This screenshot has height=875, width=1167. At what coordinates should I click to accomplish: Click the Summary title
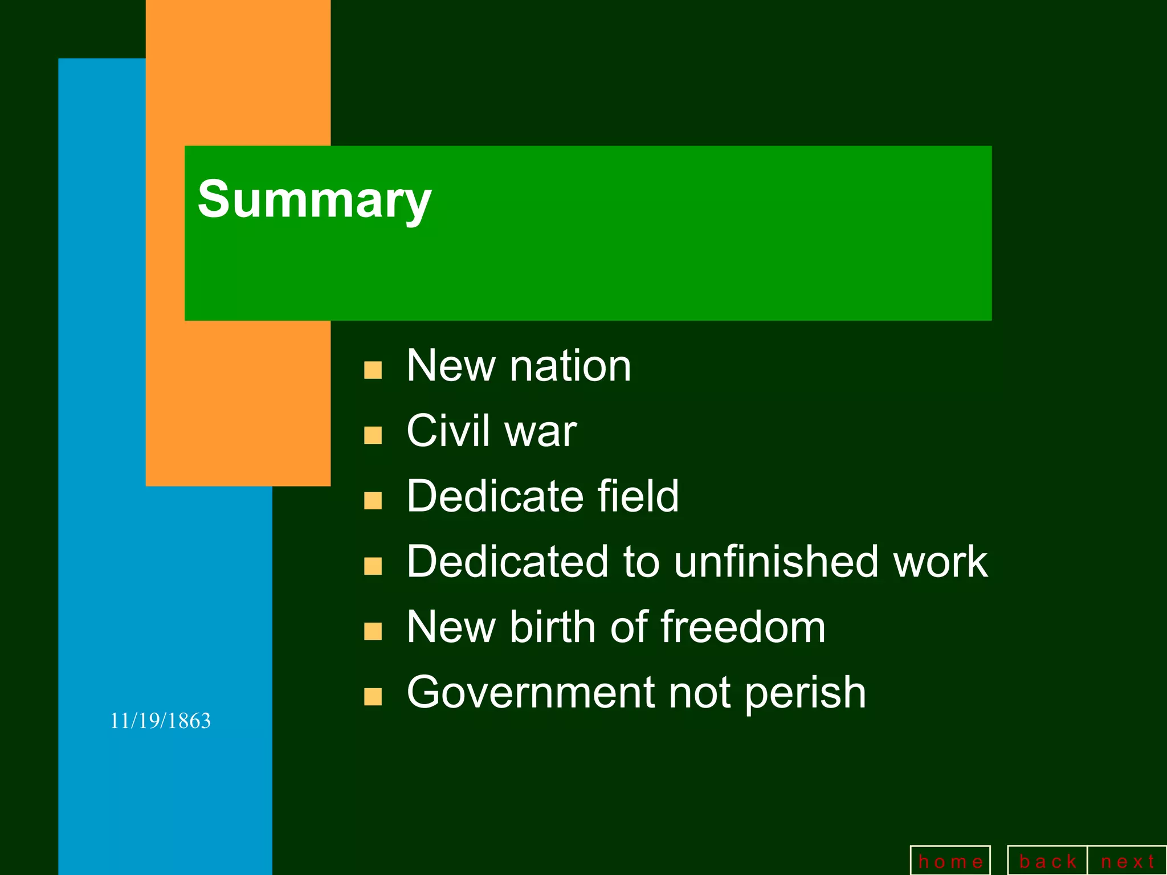(x=315, y=199)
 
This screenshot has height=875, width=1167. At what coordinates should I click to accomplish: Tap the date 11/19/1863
(x=160, y=721)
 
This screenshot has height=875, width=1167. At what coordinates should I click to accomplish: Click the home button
(x=950, y=861)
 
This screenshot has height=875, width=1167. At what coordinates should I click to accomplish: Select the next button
(x=1127, y=861)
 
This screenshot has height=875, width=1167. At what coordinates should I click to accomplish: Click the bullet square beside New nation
(x=373, y=370)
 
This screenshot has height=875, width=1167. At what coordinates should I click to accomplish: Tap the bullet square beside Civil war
(x=373, y=436)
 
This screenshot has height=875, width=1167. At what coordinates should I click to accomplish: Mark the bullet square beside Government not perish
(x=373, y=697)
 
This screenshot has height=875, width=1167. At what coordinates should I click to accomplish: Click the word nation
(x=570, y=366)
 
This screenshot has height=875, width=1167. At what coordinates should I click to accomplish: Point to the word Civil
(x=448, y=431)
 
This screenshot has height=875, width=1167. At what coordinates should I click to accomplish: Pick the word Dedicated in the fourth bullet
(x=507, y=562)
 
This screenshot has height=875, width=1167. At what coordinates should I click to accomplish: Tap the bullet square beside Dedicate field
(x=373, y=501)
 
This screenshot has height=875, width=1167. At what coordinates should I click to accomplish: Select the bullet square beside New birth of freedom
(x=373, y=632)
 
